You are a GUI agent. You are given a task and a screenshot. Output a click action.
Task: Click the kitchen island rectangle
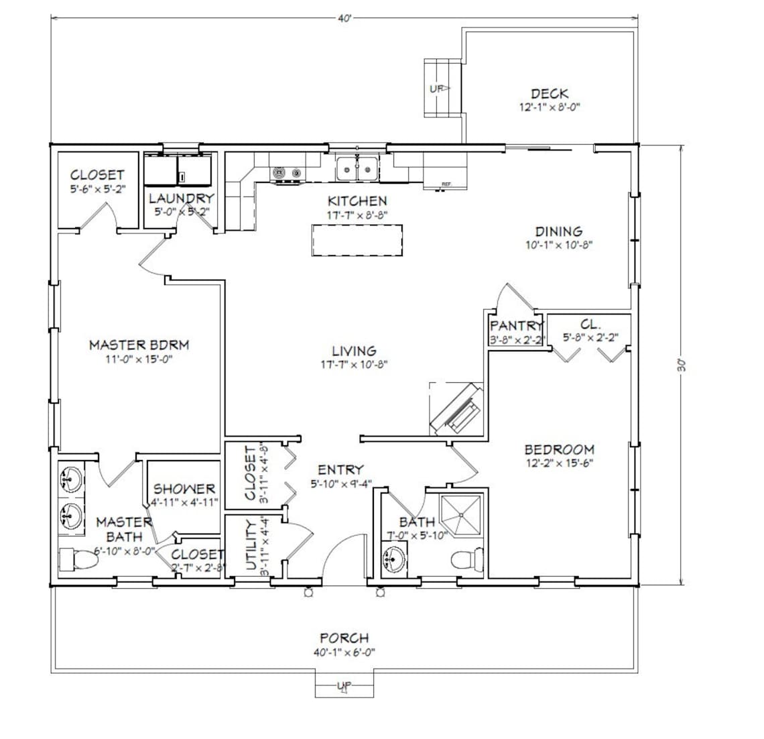point(357,240)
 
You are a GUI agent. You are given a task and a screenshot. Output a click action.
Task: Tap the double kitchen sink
point(357,168)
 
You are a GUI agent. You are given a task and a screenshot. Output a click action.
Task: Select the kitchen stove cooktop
point(288,173)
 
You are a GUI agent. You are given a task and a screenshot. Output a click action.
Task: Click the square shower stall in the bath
point(462,515)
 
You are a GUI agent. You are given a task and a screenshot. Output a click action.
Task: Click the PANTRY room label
point(516,325)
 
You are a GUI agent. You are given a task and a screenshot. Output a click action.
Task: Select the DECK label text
point(550,94)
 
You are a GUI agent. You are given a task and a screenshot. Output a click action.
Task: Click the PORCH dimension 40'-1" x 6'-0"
point(344,652)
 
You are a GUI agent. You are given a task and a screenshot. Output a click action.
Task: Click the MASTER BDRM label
point(139,345)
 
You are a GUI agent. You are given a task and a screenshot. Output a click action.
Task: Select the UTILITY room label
point(252,546)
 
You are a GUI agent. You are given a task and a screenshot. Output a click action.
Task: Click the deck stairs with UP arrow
point(442,88)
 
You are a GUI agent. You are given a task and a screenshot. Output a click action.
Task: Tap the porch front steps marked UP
point(344,686)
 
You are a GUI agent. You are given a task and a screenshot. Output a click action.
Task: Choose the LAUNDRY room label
point(181,198)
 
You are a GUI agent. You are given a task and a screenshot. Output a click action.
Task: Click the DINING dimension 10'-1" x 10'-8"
point(558,245)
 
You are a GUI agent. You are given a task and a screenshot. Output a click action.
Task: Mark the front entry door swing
point(342,556)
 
